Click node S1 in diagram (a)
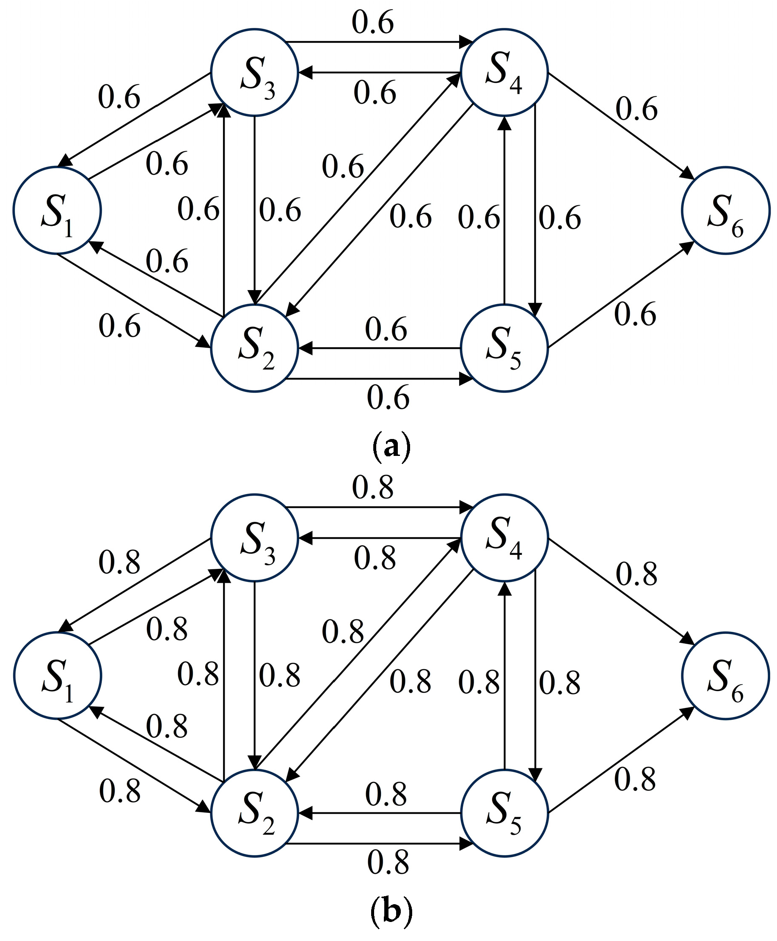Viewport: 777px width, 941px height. (x=57, y=211)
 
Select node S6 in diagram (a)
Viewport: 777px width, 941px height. (x=725, y=211)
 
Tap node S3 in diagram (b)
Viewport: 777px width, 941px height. (x=254, y=538)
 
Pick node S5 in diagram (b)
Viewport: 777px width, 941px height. (x=504, y=813)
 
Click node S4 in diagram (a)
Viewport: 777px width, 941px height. (x=504, y=72)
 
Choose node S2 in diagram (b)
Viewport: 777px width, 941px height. (x=254, y=813)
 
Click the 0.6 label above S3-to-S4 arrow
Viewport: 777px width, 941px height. (x=372, y=22)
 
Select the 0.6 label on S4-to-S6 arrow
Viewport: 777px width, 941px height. (x=636, y=109)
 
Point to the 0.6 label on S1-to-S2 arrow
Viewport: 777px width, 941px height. (x=119, y=326)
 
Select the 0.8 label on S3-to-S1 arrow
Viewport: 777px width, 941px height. (x=119, y=562)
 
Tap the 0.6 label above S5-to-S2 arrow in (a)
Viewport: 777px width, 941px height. (x=386, y=329)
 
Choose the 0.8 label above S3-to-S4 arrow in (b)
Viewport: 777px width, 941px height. (x=372, y=488)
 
